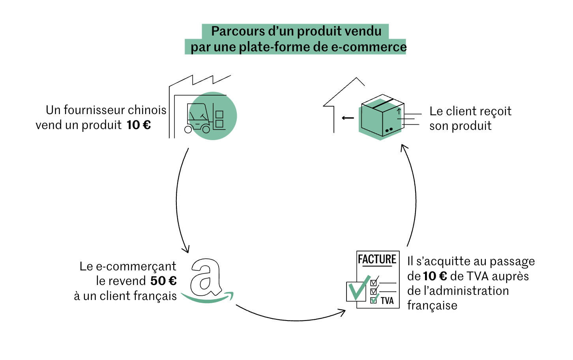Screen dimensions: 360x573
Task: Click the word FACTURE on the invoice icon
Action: click(377, 259)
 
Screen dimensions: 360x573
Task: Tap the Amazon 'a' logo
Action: click(205, 277)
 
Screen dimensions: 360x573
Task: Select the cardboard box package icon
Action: click(381, 116)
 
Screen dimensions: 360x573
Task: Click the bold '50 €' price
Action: click(163, 281)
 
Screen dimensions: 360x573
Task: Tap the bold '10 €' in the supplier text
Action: click(139, 125)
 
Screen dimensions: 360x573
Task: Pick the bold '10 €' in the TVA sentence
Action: click(435, 276)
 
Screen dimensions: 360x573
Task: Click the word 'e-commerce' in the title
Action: click(369, 47)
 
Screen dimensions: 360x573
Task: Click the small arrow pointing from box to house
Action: click(348, 118)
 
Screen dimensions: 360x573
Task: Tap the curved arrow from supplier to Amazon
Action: click(178, 201)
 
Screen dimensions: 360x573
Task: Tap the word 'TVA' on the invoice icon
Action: click(387, 301)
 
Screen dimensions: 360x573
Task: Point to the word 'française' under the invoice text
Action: click(432, 306)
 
